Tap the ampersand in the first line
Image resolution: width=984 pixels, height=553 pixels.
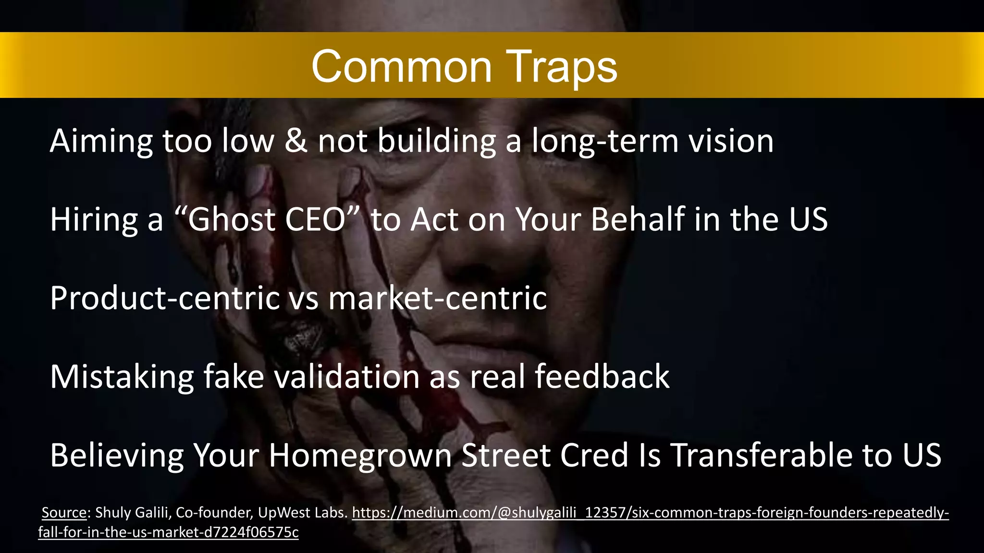click(296, 142)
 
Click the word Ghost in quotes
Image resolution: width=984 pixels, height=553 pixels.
click(231, 220)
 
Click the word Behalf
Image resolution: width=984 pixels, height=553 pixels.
click(637, 220)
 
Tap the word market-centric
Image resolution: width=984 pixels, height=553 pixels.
click(437, 298)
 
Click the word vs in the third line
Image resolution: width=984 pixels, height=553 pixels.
click(303, 298)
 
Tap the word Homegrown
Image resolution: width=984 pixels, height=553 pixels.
click(360, 455)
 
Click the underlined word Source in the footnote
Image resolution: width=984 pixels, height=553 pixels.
click(64, 513)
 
